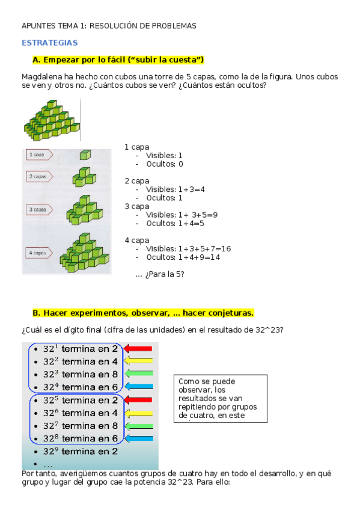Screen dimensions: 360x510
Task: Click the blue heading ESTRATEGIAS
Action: (x=50, y=43)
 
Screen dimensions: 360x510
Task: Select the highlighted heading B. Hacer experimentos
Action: (x=143, y=313)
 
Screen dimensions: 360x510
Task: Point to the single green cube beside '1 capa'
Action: (x=85, y=155)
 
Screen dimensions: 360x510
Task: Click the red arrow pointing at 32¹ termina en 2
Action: (x=139, y=349)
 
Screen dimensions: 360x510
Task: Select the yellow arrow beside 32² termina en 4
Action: (x=139, y=361)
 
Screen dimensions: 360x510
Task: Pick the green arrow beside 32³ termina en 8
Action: (x=139, y=374)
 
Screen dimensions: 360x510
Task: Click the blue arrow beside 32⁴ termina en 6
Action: (x=139, y=387)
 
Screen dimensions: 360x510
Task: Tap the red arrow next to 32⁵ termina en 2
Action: (x=139, y=400)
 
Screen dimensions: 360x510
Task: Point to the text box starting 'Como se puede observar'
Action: (x=221, y=398)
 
